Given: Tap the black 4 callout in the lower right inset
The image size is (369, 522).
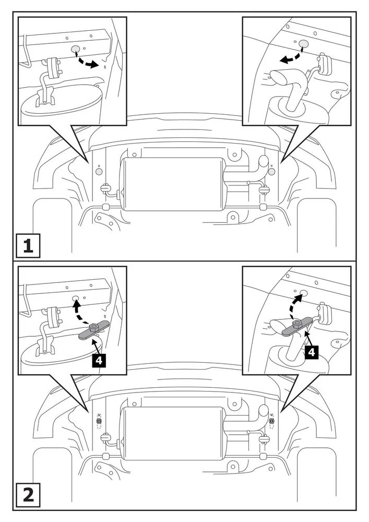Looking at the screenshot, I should [x=311, y=352].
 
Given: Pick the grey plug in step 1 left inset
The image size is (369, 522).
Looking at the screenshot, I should [x=75, y=50].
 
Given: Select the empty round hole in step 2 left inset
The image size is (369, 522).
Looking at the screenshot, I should [x=76, y=299].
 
